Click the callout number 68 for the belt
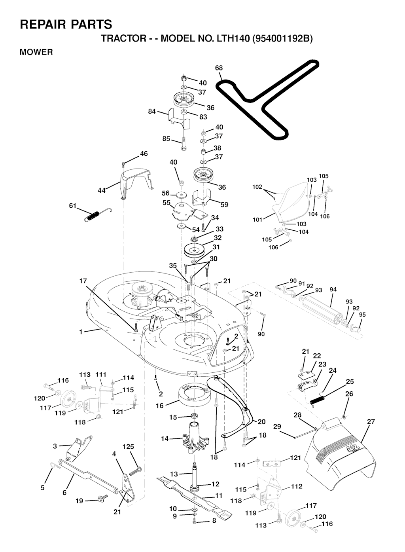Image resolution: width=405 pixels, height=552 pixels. (219, 68)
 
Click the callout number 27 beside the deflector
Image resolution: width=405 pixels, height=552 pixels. (371, 422)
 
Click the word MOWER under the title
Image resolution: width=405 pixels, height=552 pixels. (36, 52)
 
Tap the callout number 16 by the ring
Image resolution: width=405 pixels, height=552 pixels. (160, 406)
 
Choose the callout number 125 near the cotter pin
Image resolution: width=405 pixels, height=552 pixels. (128, 447)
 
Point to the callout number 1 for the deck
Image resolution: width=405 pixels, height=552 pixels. (81, 332)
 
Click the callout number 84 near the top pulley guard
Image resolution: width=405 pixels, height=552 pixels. (152, 112)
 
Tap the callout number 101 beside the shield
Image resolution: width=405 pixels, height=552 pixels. (257, 219)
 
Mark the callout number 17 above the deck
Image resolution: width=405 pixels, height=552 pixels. (83, 281)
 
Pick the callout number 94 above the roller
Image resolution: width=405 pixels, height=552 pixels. (333, 290)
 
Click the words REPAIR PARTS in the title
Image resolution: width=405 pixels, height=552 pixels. (66, 25)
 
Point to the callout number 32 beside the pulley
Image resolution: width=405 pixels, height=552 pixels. (218, 238)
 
